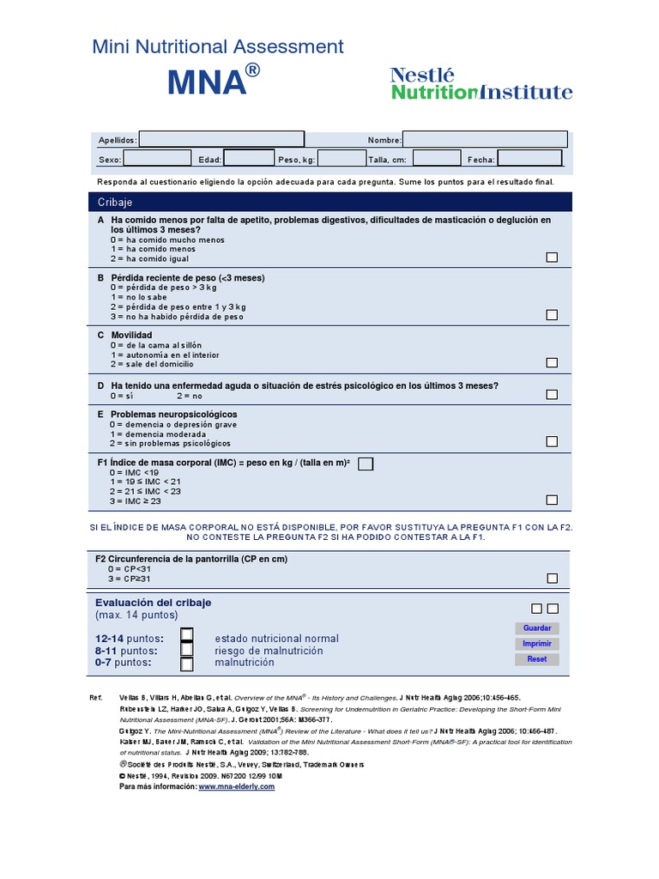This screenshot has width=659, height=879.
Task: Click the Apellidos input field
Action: [221, 139]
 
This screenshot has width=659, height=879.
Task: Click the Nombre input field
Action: [485, 139]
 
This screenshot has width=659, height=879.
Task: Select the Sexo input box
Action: [158, 159]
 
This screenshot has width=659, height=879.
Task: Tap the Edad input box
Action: [249, 159]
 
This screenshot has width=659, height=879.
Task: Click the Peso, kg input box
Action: [342, 159]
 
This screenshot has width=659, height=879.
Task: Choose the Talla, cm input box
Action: [437, 159]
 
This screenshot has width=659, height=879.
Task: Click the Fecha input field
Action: [530, 159]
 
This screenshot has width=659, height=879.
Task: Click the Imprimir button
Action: [537, 644]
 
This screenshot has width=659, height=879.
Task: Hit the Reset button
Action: [537, 659]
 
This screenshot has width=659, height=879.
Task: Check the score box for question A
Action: [552, 258]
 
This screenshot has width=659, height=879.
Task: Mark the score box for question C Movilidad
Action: [552, 363]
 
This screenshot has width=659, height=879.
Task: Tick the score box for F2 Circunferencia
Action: [552, 579]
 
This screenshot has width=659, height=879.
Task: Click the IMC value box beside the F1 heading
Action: [366, 464]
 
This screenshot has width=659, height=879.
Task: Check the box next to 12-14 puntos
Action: [187, 636]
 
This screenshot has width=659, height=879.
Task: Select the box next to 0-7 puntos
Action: [187, 664]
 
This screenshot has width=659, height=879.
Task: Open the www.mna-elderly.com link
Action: [237, 786]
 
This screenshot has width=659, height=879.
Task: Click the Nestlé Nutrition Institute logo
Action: [481, 84]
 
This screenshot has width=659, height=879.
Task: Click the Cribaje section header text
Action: [115, 203]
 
